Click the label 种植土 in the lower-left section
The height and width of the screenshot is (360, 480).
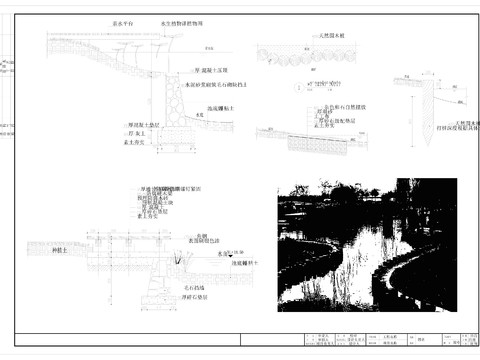(59, 250)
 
